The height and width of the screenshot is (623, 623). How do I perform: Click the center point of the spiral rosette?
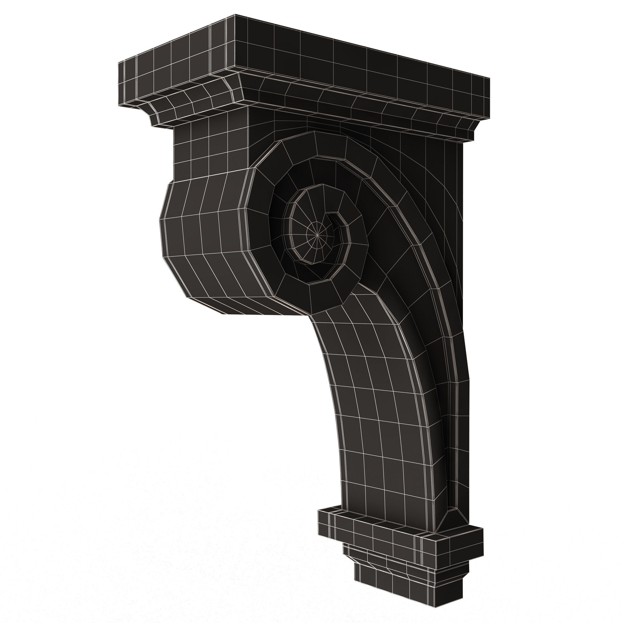point(318,236)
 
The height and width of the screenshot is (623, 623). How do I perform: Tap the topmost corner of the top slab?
point(235,15)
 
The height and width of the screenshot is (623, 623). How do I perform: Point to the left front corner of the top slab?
point(119,62)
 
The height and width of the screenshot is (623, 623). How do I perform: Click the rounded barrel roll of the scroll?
point(207,235)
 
